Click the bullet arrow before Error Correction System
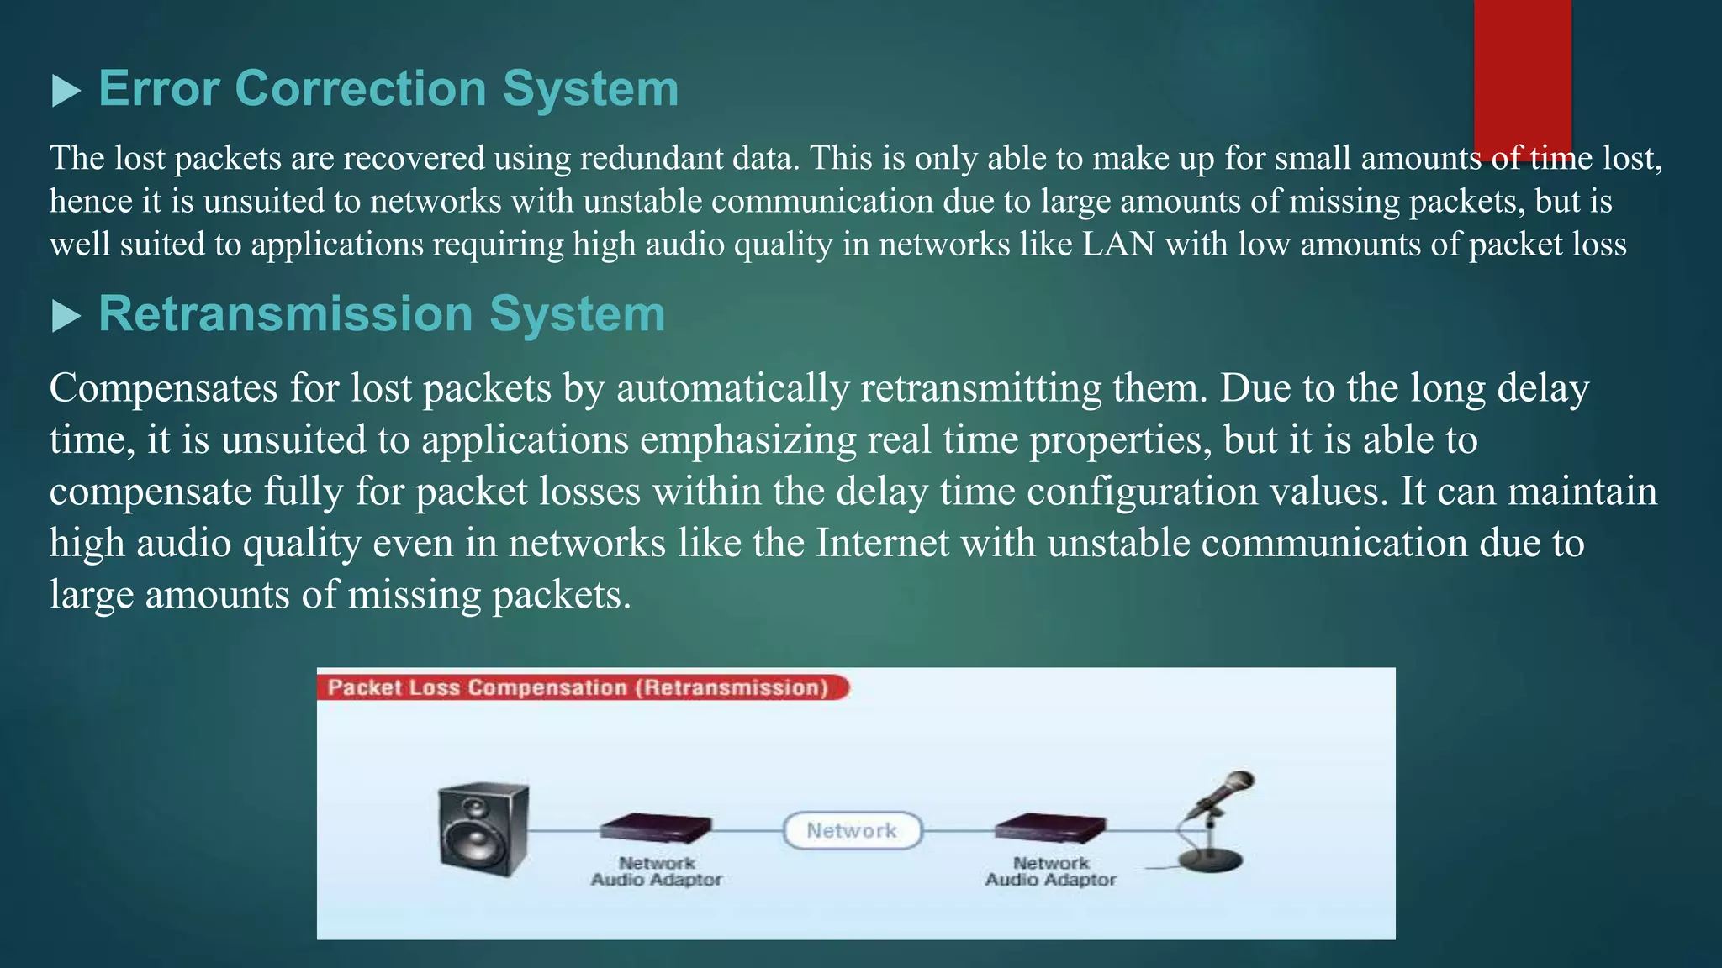[66, 91]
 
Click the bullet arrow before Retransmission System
[66, 317]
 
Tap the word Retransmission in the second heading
[286, 314]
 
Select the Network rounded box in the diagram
[852, 830]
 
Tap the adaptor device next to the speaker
[656, 828]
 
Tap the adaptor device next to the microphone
[1050, 828]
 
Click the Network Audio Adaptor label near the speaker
[656, 871]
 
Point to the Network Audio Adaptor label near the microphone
[1050, 871]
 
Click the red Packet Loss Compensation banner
[580, 687]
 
